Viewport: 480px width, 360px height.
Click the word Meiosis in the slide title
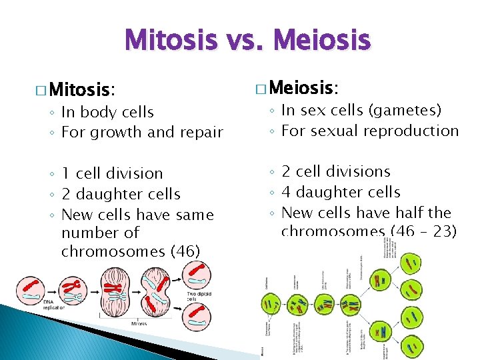[x=323, y=40]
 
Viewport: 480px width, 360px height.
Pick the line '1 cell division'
[x=112, y=173]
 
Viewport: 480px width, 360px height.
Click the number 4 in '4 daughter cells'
[x=287, y=192]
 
